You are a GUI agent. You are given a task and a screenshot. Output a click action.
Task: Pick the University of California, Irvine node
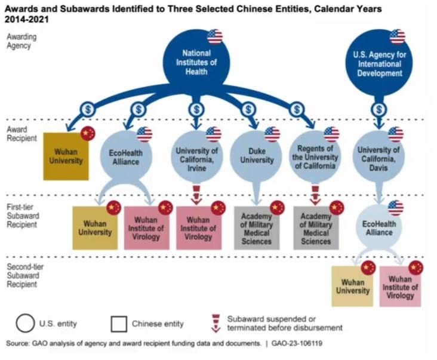pos(197,156)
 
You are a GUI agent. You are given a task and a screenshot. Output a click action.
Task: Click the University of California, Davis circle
pos(378,156)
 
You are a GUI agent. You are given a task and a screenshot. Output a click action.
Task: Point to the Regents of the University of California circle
pos(315,156)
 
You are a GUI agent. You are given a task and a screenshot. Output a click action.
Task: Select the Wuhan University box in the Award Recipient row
pos(66,156)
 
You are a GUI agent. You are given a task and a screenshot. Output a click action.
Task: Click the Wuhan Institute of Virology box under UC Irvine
pos(199,228)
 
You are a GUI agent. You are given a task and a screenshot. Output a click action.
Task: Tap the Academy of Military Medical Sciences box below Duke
pos(257,228)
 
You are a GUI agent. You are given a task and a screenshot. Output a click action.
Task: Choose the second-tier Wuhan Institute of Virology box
pos(400,287)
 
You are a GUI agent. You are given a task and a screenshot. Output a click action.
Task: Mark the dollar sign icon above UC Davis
pos(378,109)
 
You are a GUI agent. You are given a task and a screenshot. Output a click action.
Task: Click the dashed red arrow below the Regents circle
pos(315,195)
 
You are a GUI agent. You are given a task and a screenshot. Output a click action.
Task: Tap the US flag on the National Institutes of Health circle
pos(215,37)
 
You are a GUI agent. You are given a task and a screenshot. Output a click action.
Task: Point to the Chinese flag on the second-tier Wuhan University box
pos(368,268)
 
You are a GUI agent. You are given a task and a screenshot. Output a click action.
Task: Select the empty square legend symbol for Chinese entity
pos(119,324)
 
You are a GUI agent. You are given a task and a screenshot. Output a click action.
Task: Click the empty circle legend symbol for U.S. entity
pos(25,324)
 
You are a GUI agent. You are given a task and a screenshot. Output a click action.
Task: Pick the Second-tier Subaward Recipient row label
pos(25,275)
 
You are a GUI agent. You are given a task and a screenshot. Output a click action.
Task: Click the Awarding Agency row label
pos(21,41)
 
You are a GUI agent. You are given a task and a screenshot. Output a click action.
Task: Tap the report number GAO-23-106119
pos(297,343)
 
